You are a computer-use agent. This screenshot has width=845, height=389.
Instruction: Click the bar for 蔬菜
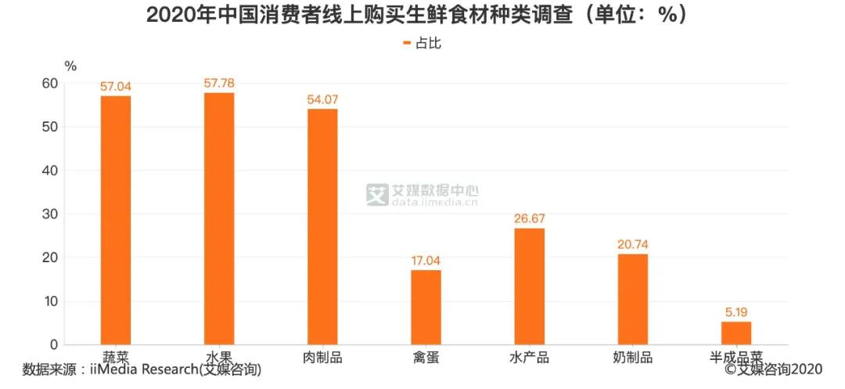pos(116,221)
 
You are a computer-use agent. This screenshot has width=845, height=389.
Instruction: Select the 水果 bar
pos(219,218)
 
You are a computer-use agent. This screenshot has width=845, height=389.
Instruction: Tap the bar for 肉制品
pos(323,227)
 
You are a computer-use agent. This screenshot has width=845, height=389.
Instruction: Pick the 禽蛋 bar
pos(426,308)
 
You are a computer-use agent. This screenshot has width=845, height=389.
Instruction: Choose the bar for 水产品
pos(529,286)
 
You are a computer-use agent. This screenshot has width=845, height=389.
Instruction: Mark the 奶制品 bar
pos(633,300)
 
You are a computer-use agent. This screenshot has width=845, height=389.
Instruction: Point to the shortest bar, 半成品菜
pos(736,333)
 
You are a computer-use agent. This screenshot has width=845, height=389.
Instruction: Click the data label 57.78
pos(219,84)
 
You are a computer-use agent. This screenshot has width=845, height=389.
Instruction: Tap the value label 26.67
pos(529,218)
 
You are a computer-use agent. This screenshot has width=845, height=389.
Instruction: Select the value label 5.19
pos(736,312)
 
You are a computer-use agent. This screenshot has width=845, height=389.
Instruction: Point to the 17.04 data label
pos(426,261)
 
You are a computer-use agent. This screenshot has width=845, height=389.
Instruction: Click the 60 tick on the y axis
pos(51,84)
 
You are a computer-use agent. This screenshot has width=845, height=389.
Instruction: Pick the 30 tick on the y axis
pos(51,214)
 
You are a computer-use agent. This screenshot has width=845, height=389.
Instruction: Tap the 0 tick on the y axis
pos(54,345)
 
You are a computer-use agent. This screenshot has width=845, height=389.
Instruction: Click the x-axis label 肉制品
pos(323,357)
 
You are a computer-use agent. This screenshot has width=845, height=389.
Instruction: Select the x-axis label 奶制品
pos(633,357)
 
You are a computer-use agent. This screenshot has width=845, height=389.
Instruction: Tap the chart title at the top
pos(418,16)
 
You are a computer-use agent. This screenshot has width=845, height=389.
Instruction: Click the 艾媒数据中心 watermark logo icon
pos(377,194)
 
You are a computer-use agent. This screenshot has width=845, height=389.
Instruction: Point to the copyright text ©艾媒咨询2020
pos(773,369)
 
